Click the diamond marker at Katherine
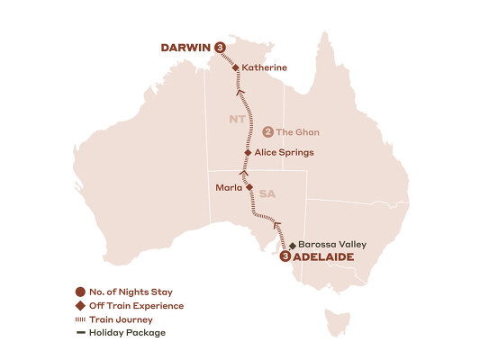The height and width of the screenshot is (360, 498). pos(236,67)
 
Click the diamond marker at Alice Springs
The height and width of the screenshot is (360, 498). pos(248,153)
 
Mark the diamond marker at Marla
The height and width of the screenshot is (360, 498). pos(249,188)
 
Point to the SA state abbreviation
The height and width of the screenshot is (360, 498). pos(267,193)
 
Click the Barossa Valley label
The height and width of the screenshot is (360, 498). pos(334,244)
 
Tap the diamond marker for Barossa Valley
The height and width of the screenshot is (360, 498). pos(293,244)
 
